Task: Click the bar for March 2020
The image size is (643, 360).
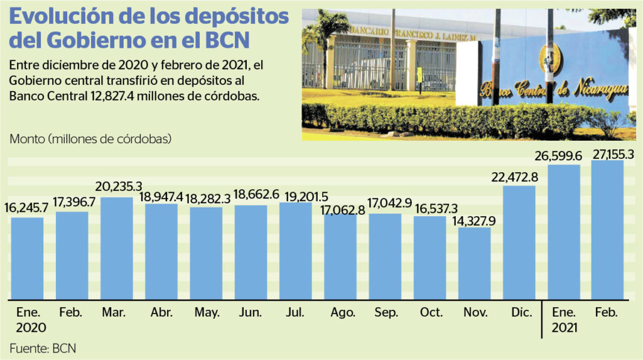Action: click(x=117, y=248)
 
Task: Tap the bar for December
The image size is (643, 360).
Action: click(x=519, y=242)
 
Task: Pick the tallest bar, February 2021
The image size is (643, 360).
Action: click(x=607, y=229)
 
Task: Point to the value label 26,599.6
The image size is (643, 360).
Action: click(x=564, y=155)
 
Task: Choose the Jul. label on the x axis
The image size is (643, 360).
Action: click(x=295, y=312)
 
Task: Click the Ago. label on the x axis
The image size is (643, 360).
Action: click(x=340, y=312)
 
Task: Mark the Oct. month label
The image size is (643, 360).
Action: click(x=430, y=312)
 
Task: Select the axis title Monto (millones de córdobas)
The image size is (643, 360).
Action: click(x=90, y=139)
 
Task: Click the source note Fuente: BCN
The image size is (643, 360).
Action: click(x=43, y=347)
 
